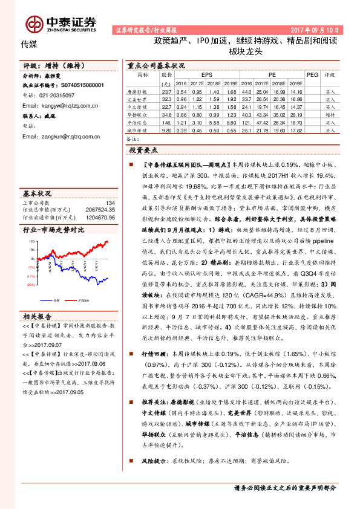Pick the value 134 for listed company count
[x=110, y=204]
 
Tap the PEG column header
[x=312, y=76]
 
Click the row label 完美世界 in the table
[x=143, y=98]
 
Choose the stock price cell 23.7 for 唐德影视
[x=167, y=90]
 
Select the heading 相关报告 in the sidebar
[x=37, y=316]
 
